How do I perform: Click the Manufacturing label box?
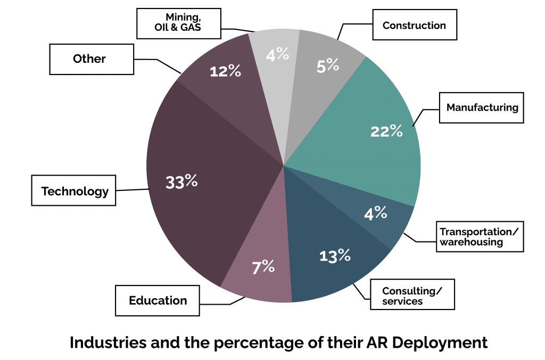click(482, 108)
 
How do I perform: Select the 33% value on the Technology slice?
click(181, 182)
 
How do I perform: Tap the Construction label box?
click(414, 26)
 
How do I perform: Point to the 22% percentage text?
click(386, 131)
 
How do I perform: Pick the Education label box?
click(158, 300)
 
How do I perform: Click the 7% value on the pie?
click(263, 267)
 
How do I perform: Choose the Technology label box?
click(75, 191)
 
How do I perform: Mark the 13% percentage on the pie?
click(335, 255)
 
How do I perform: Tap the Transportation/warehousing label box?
click(478, 237)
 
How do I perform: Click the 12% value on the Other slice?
click(225, 71)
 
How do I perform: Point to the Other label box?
click(89, 59)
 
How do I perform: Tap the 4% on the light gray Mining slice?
click(277, 54)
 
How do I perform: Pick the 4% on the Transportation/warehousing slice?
click(375, 214)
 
